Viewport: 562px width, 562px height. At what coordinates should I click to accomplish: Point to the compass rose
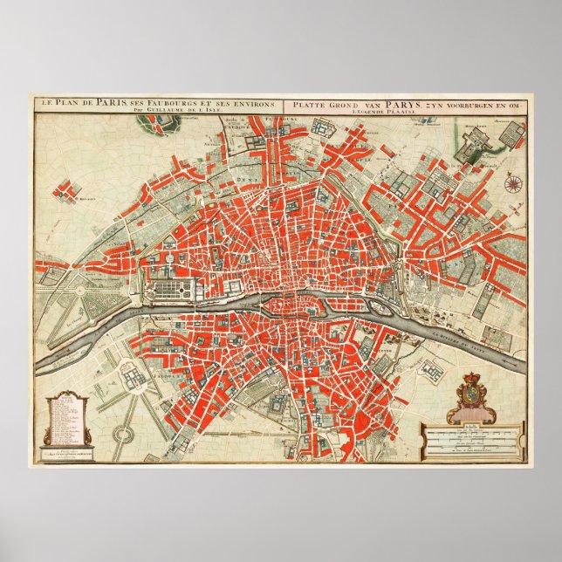click(x=513, y=184)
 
